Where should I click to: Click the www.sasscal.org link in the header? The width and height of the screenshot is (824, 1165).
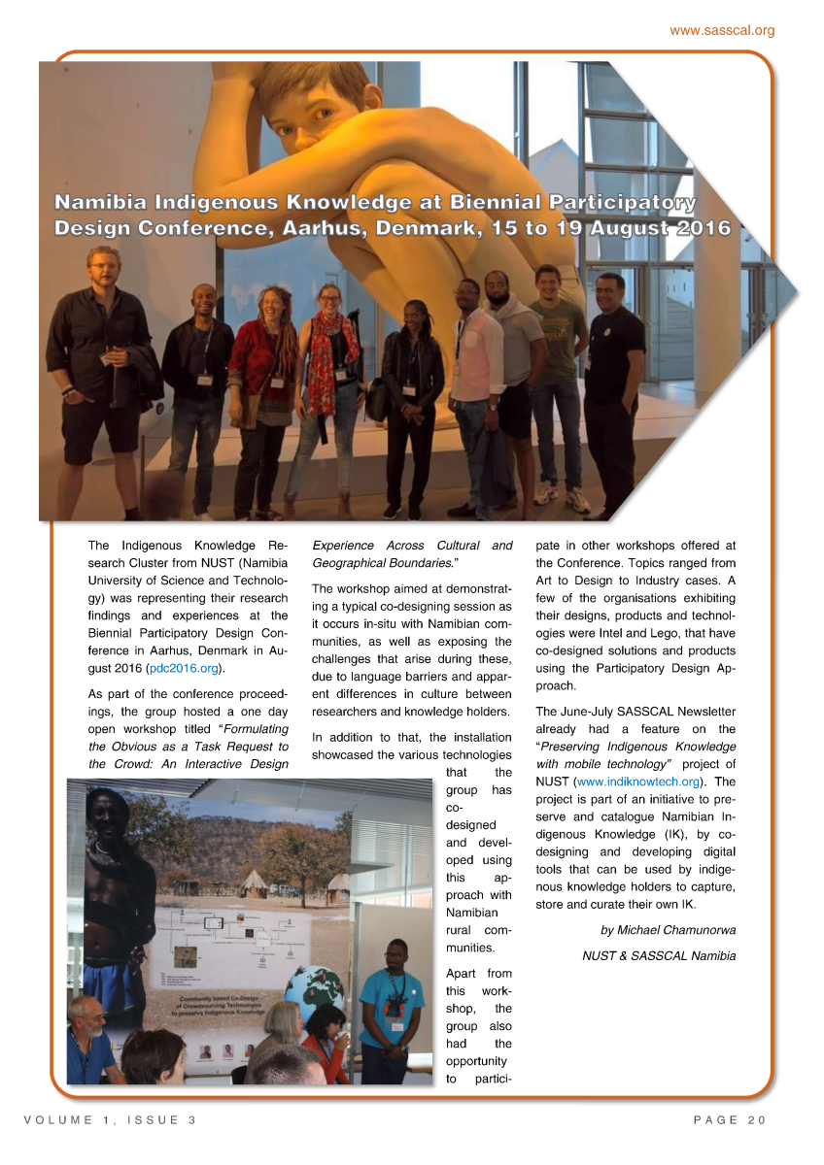click(x=722, y=31)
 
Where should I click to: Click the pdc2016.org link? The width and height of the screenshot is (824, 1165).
click(x=185, y=669)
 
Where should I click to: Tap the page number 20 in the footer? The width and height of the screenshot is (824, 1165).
click(x=757, y=1120)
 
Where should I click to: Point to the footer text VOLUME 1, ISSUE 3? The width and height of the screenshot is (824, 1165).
click(x=110, y=1120)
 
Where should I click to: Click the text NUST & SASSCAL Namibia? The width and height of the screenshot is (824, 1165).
click(x=658, y=956)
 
